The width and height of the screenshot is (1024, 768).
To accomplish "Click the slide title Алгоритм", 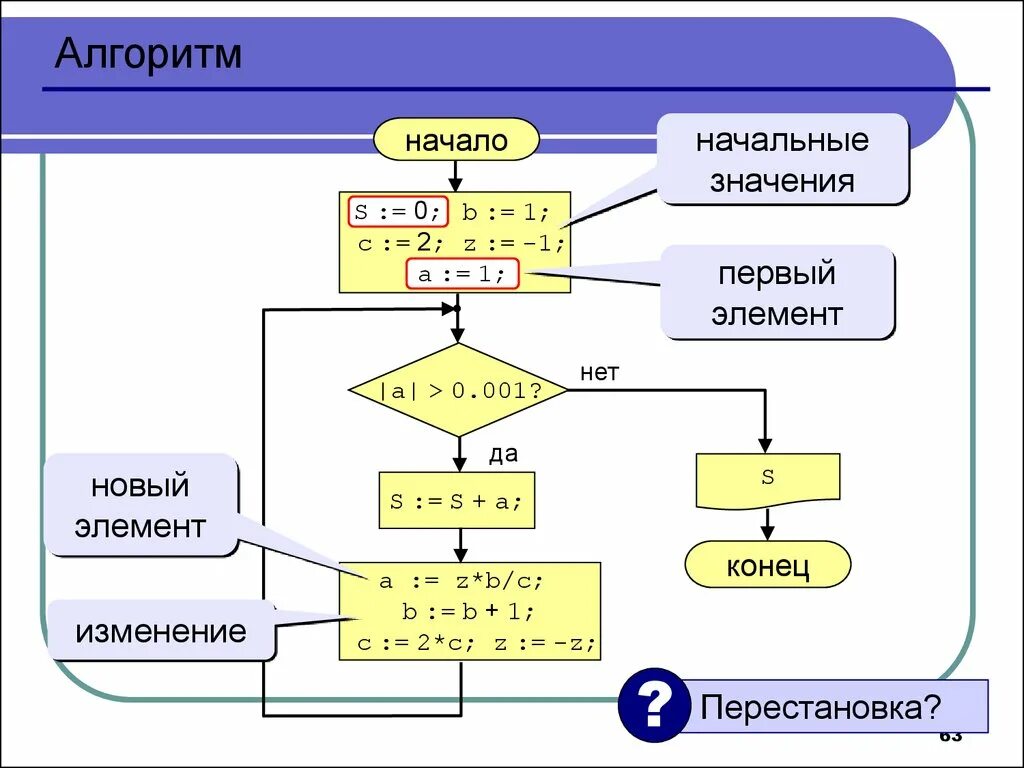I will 148,54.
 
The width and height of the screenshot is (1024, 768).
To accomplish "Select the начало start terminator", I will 456,140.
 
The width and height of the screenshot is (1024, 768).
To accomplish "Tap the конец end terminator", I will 767,566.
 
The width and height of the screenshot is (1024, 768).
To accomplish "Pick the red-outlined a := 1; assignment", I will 462,274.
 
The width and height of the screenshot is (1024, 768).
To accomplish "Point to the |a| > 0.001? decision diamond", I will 459,390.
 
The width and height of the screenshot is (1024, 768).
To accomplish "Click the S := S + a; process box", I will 457,500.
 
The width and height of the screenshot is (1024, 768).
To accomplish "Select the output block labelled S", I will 767,479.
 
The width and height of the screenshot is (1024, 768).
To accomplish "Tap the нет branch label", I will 599,373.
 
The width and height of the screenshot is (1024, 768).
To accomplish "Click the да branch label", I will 503,455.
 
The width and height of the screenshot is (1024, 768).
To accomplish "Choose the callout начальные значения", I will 782,160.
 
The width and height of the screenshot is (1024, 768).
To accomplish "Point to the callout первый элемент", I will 777,294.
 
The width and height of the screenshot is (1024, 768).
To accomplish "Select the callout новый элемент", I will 140,506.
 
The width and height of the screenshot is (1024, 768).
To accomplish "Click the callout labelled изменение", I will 160,631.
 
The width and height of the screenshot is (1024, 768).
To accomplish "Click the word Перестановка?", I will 820,708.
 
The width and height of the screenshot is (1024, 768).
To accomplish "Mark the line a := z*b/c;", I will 460,581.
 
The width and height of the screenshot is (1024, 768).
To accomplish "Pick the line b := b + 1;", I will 469,612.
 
